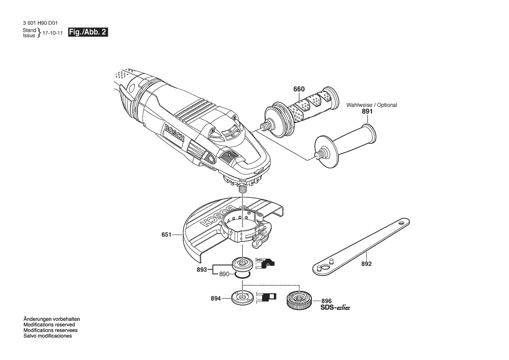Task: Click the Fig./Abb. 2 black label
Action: (88, 32)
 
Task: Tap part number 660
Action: (299, 89)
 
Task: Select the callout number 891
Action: (367, 111)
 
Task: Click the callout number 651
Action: (166, 234)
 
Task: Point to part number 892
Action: (367, 264)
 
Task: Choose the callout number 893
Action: (202, 270)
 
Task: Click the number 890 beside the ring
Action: (224, 274)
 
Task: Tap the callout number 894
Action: (216, 298)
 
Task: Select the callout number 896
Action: (326, 301)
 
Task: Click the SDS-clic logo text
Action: (335, 307)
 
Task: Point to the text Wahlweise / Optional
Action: (372, 105)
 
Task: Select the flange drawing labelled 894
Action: (242, 297)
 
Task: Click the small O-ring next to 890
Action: (242, 276)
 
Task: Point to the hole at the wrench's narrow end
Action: (402, 224)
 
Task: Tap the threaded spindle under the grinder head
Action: (243, 188)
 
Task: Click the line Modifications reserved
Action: (49, 325)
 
